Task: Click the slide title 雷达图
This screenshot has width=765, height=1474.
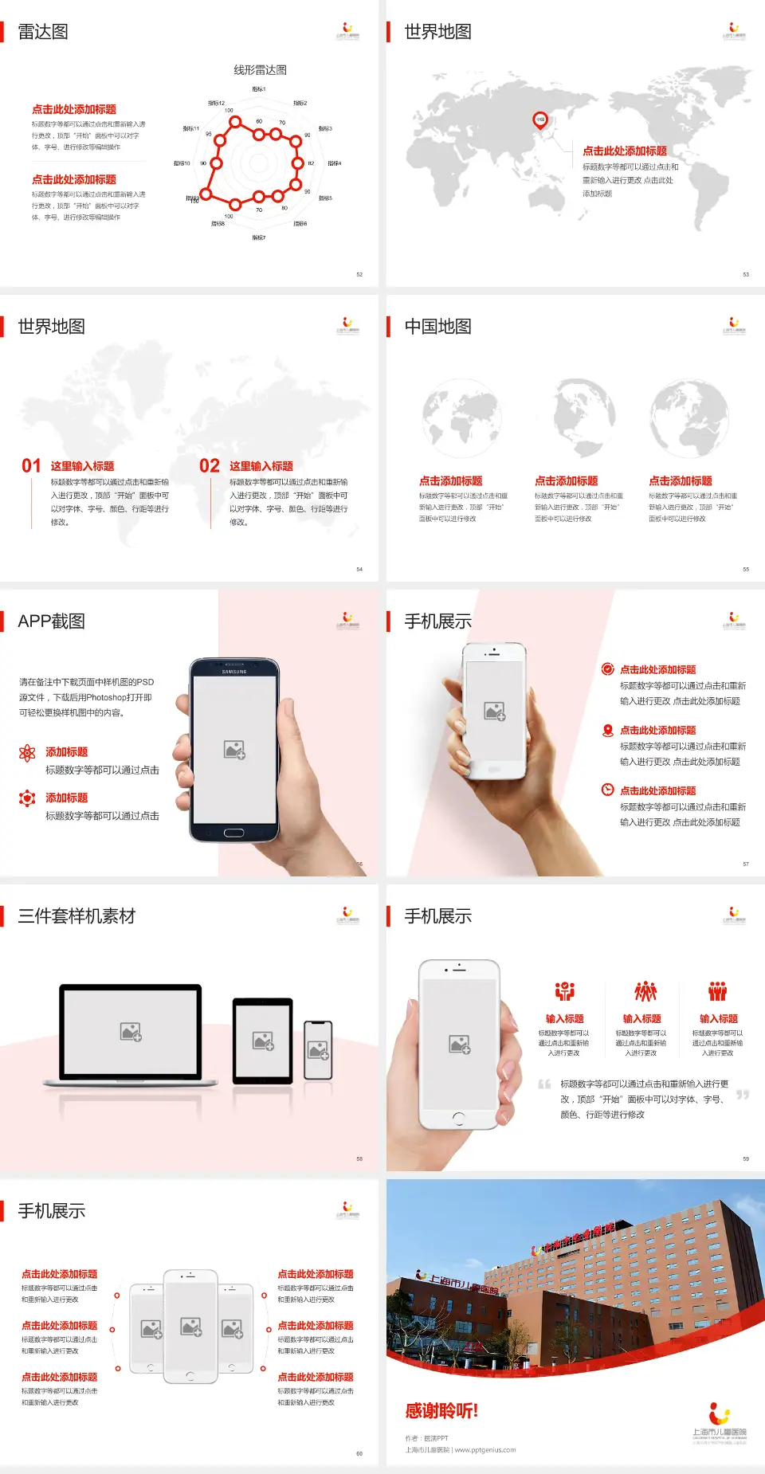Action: coord(43,32)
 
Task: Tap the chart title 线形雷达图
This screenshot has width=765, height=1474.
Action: coord(260,70)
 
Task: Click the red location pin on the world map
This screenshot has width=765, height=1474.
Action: coord(540,120)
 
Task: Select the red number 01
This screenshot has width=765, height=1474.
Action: coord(31,466)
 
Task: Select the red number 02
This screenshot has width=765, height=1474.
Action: coord(210,466)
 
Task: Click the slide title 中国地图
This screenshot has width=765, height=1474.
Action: coord(437,327)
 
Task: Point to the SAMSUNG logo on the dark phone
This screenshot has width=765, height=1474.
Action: coord(234,672)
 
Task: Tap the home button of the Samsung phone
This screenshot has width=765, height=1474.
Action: coord(233,833)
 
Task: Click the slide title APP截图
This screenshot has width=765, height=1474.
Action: coord(51,621)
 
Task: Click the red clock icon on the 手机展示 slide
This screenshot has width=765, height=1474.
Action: coord(607,790)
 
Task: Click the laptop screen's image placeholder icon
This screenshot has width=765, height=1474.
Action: coord(131,1032)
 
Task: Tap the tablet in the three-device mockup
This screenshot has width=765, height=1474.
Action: coord(263,1041)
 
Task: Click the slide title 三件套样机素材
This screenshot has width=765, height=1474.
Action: coord(76,916)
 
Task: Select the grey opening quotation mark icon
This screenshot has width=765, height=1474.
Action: coord(544,1084)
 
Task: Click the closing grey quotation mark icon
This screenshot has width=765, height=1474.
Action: coord(743,1095)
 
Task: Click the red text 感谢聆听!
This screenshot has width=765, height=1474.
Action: coord(441,1411)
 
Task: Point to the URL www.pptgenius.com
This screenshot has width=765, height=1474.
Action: coord(485,1450)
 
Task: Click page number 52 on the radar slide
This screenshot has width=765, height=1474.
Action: coord(359,275)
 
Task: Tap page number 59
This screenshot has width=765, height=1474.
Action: coord(746,1159)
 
